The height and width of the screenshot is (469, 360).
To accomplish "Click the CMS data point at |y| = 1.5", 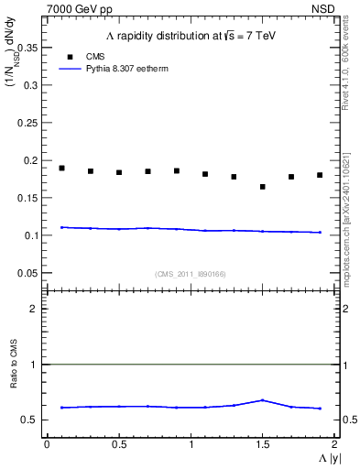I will click(263, 187).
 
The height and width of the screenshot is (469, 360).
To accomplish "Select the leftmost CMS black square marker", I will click(61, 168).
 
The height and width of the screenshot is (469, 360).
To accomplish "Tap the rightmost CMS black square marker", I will click(320, 175).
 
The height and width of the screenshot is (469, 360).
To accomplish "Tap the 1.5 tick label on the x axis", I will click(262, 444).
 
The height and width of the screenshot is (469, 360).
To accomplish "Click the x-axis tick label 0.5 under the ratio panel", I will click(118, 444).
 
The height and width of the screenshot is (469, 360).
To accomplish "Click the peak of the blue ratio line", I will click(263, 400).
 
